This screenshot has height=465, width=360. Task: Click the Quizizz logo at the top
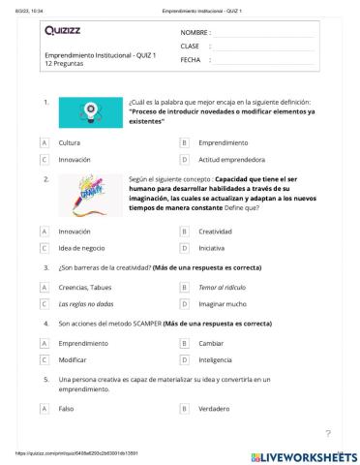click(65, 31)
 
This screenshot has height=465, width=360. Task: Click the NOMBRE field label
click(195, 32)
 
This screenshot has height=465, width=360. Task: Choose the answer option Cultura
click(70, 141)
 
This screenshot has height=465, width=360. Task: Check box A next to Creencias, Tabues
click(45, 288)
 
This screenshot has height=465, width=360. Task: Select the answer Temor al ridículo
click(222, 288)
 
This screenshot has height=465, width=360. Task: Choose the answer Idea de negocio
click(81, 248)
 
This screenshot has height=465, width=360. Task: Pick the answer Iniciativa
click(212, 248)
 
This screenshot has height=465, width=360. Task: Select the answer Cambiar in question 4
click(213, 344)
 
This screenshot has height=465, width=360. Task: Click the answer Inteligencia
click(218, 360)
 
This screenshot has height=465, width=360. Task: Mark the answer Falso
click(67, 409)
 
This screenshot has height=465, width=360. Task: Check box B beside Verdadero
click(184, 409)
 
